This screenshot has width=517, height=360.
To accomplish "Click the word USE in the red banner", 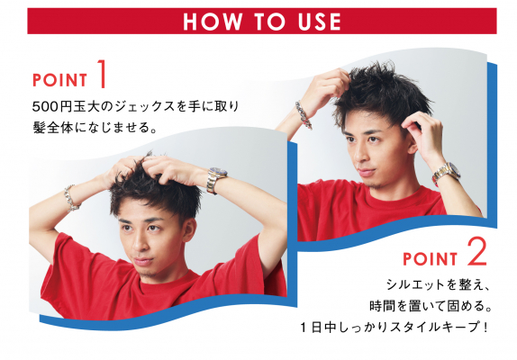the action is tap(320, 22).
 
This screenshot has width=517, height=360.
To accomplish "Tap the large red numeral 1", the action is tap(102, 74).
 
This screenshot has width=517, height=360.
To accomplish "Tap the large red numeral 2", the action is tap(476, 252).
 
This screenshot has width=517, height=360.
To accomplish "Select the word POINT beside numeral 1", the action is tap(59, 80).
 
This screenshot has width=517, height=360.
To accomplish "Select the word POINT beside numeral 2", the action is tap(430, 259).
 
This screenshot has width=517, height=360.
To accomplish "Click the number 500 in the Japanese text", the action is tap(44, 106).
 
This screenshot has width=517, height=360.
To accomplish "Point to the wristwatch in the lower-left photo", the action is tap(216, 180).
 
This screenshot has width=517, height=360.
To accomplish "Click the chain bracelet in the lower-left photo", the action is tap(70, 198).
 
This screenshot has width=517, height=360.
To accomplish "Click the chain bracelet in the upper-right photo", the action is tap(304, 114).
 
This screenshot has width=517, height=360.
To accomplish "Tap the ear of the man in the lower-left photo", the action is tap(189, 229).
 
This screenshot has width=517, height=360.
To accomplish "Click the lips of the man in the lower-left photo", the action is tap(143, 261).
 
